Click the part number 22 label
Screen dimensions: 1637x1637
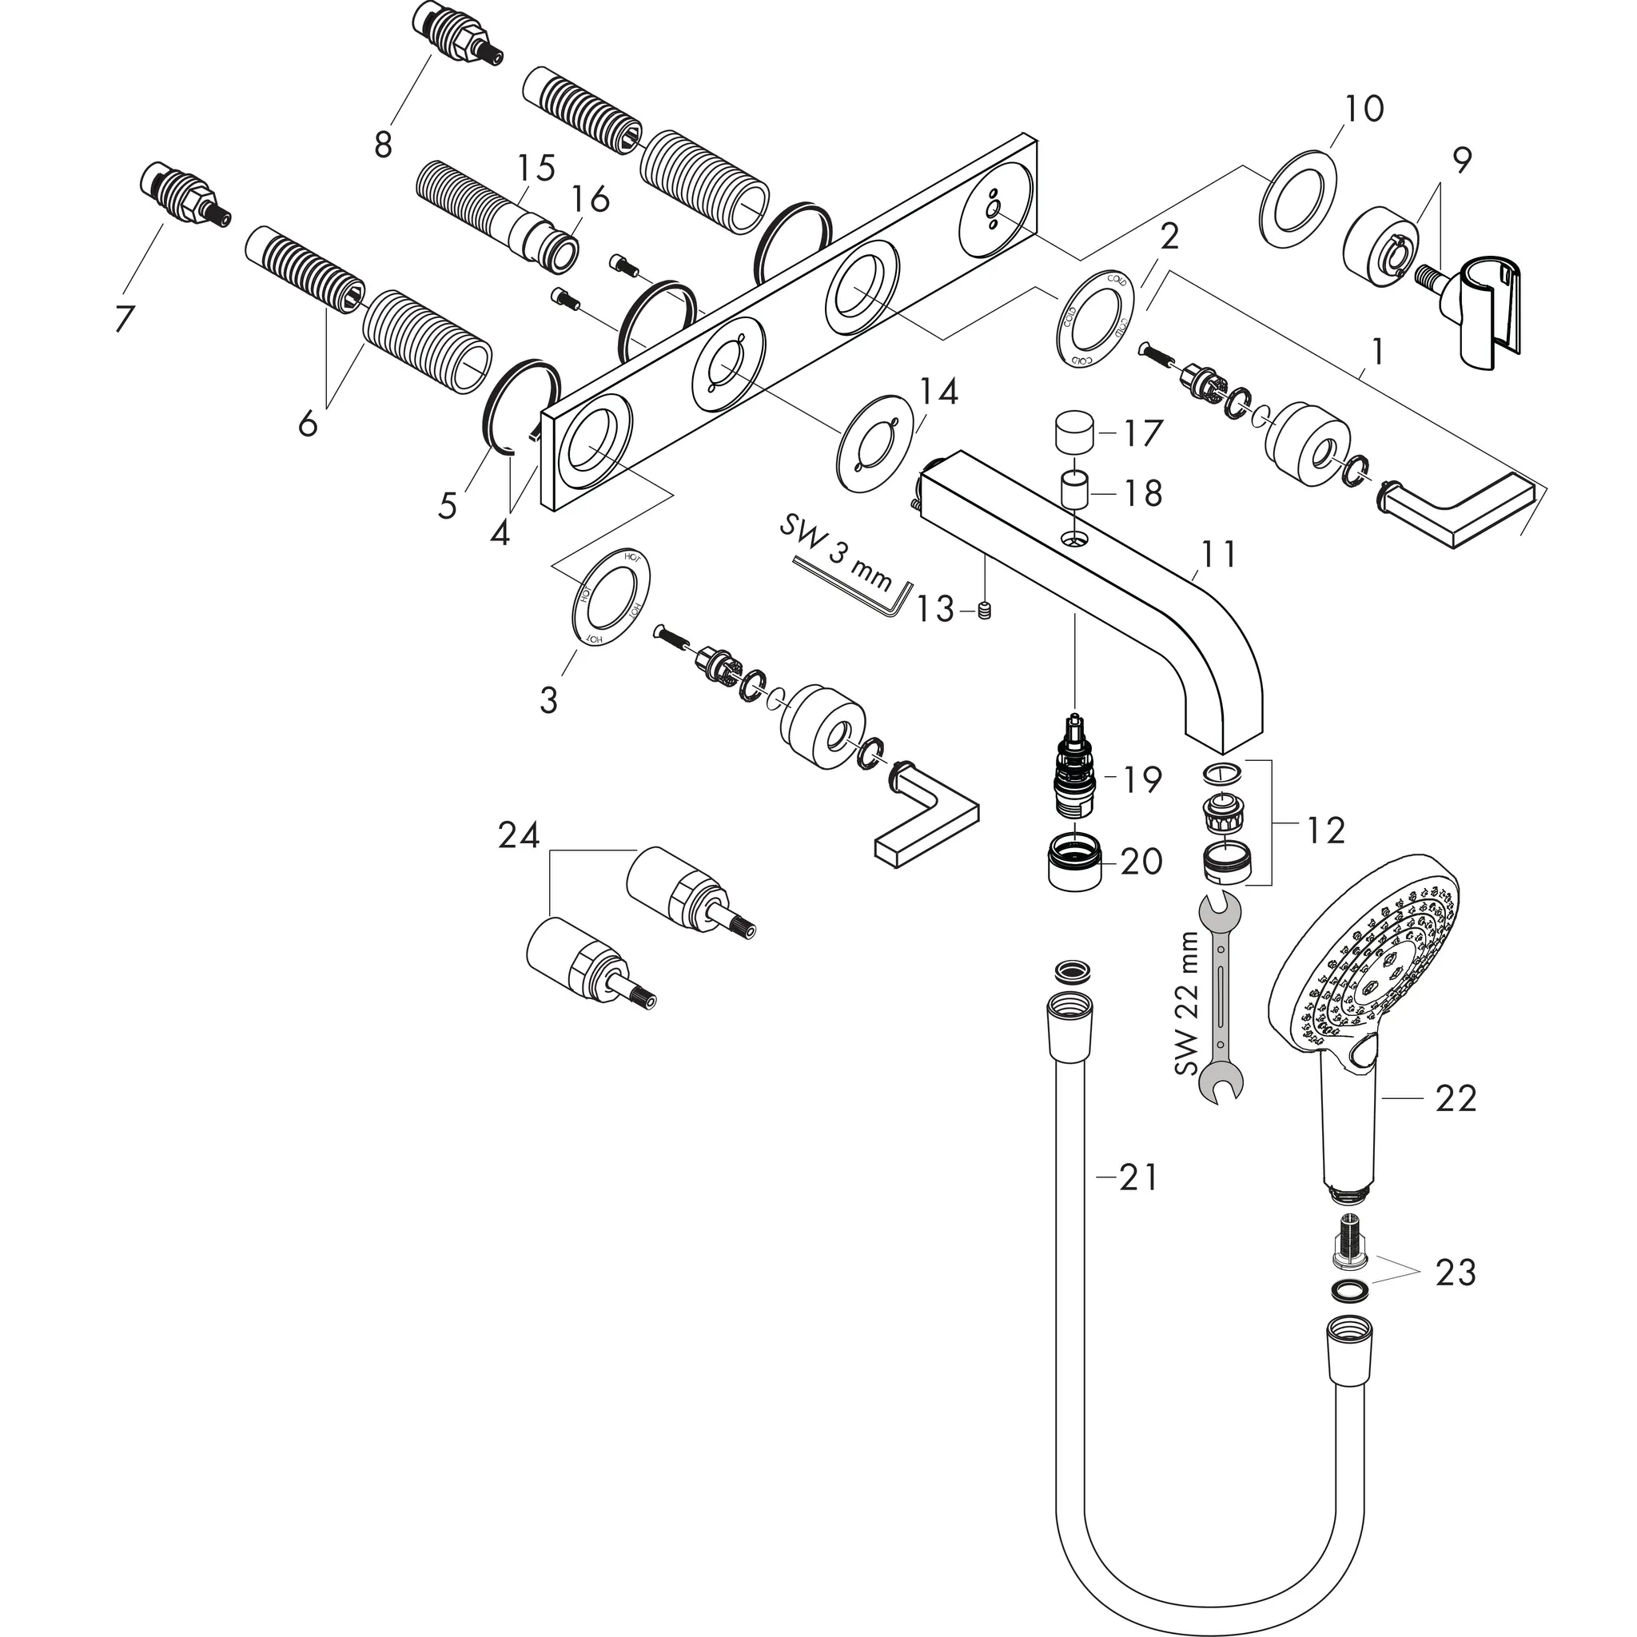pyautogui.click(x=1456, y=1099)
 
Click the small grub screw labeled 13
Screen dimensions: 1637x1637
pyautogui.click(x=985, y=611)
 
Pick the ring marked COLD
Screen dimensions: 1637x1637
pyautogui.click(x=1095, y=318)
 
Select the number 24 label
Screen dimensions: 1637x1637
pyautogui.click(x=519, y=836)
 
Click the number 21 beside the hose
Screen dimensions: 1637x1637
pyautogui.click(x=1137, y=1177)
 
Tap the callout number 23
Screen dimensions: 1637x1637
pyautogui.click(x=1456, y=1296)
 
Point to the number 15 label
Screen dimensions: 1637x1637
pyautogui.click(x=536, y=167)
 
